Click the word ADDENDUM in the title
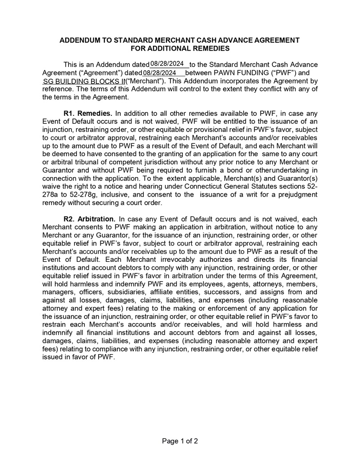(x=81, y=40)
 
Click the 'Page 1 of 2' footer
(x=180, y=441)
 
